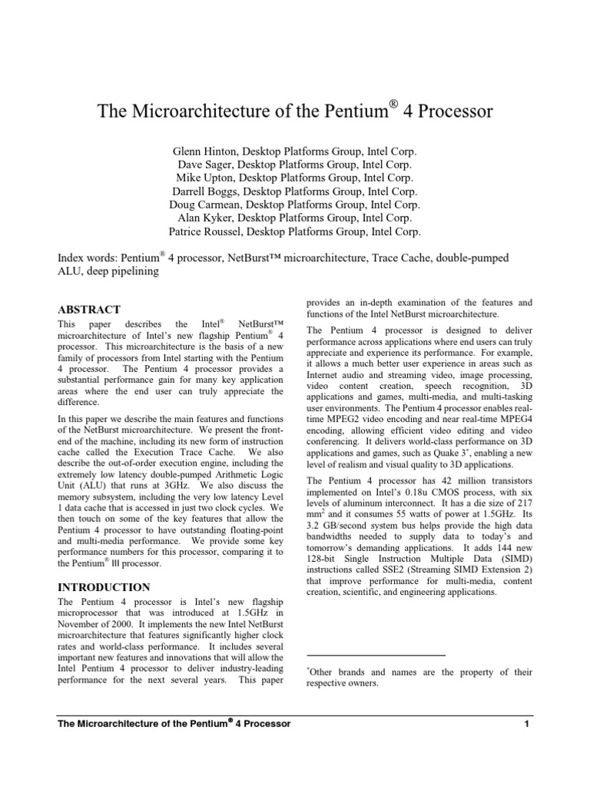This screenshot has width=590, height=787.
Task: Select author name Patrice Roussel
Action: [204, 231]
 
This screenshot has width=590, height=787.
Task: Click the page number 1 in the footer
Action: [528, 725]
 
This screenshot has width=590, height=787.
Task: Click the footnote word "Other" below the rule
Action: [325, 672]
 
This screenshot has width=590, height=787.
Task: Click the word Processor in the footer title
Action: [264, 725]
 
